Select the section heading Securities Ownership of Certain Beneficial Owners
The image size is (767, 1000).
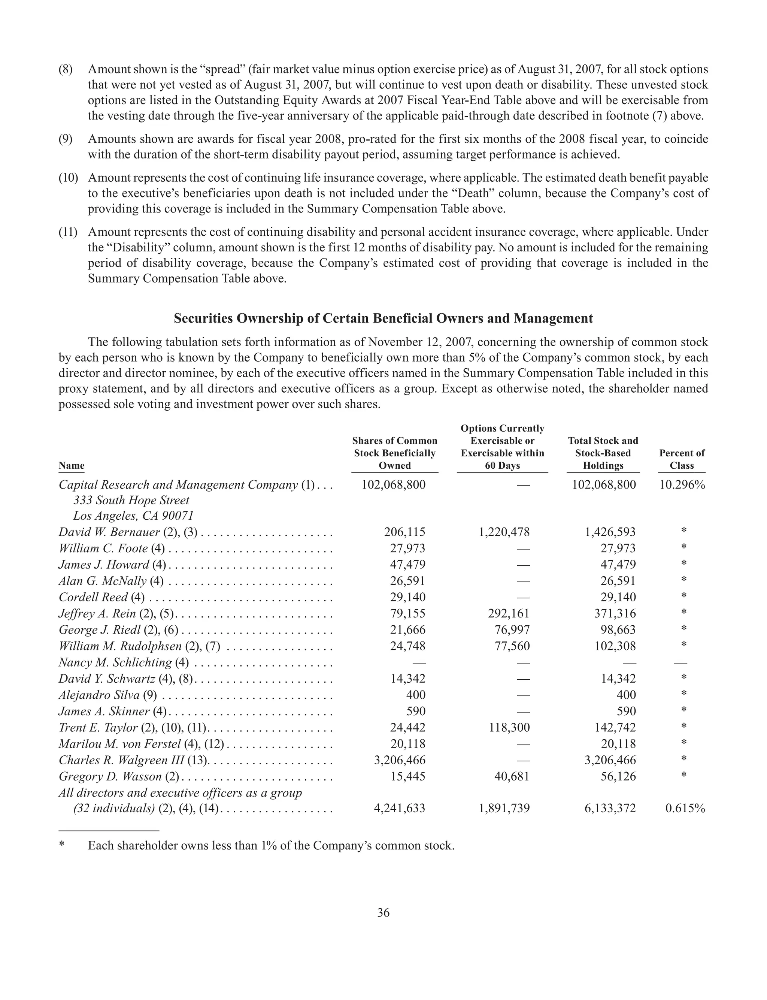coord(383,318)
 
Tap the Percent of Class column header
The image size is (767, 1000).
coord(682,459)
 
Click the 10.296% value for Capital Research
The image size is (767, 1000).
coord(682,484)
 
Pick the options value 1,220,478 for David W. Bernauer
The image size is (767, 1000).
coord(504,532)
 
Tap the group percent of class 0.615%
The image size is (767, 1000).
coord(685,808)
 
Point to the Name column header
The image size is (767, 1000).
coord(72,465)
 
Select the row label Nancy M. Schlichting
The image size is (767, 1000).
coord(115,662)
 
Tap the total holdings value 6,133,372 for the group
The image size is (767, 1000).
coord(610,808)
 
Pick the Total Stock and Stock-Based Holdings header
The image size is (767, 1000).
coord(603,453)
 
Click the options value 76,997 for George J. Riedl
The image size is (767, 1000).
coord(512,630)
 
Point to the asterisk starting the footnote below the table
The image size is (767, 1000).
coord(61,846)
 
